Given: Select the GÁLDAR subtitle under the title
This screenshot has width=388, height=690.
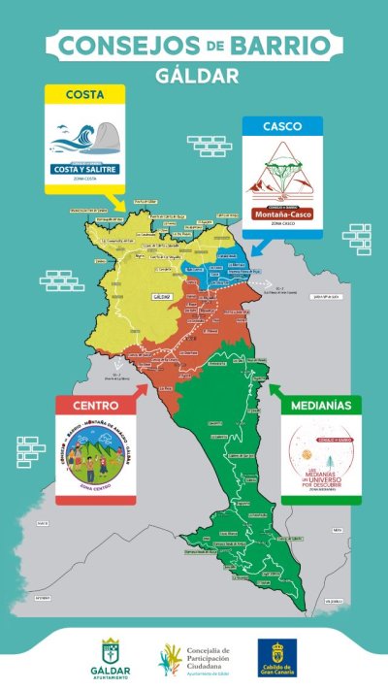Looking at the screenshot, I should (194, 75).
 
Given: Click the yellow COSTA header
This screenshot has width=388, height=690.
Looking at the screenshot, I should (85, 94).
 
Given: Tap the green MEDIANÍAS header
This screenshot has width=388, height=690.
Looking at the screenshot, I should (321, 404).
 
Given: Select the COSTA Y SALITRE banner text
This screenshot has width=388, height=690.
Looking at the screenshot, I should (85, 170).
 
